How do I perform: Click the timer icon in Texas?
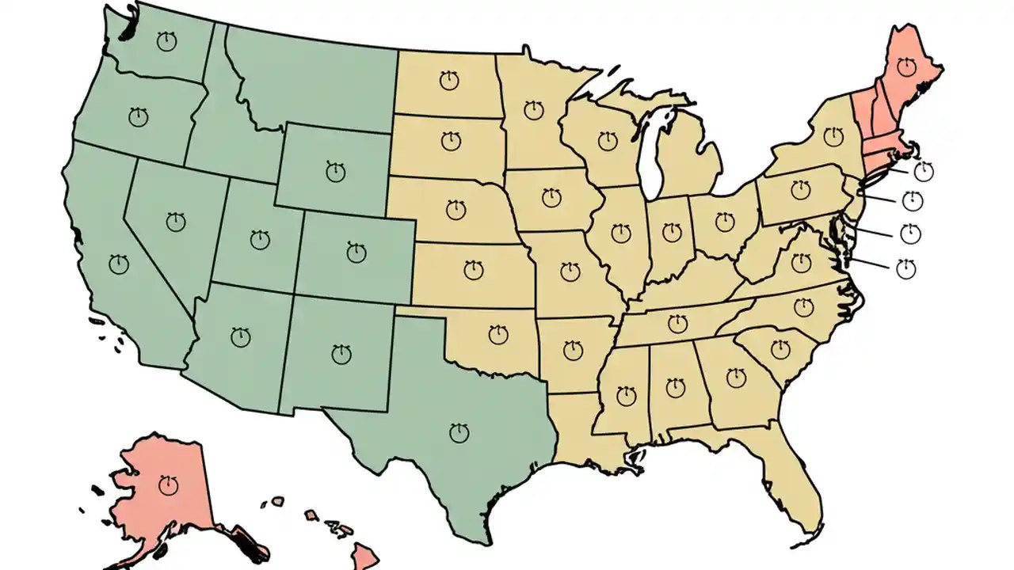tap(459, 433)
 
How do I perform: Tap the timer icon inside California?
tap(119, 264)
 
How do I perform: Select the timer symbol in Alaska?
tap(168, 484)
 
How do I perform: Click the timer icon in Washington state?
tap(166, 42)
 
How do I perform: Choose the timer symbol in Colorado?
tap(357, 253)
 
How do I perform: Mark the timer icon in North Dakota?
tap(449, 79)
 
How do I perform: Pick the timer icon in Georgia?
tap(736, 377)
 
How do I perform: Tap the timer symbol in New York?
tap(833, 136)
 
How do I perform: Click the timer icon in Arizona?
tap(240, 337)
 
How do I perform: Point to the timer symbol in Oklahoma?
tap(497, 335)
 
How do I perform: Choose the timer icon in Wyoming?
tap(336, 170)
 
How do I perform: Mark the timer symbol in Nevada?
tap(176, 222)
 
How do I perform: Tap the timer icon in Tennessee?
tap(677, 323)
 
